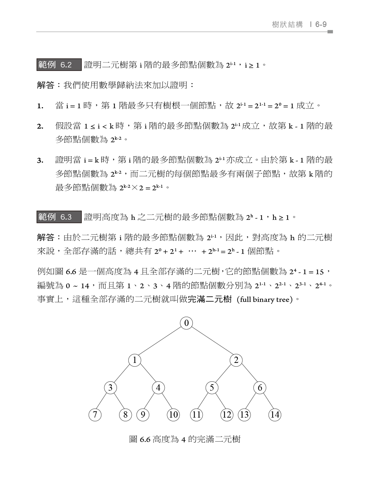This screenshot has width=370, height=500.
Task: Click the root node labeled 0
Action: click(186, 323)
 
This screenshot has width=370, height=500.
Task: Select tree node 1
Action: click(135, 360)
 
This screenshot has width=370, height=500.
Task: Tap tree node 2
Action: click(236, 360)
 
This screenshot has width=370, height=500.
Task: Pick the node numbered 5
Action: click(212, 387)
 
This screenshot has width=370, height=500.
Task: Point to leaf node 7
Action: click(95, 415)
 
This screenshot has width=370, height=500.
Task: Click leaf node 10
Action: click(173, 415)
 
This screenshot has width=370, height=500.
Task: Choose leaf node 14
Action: click(275, 415)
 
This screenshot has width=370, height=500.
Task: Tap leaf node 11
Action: click(196, 415)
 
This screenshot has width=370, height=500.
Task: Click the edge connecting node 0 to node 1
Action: click(161, 341)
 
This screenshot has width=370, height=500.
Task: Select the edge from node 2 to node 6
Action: click(248, 374)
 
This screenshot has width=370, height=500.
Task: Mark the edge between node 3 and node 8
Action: click(118, 401)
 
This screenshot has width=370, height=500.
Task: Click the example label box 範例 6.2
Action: click(59, 65)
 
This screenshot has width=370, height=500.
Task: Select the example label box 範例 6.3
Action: click(59, 217)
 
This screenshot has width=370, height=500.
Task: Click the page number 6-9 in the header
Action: click(321, 24)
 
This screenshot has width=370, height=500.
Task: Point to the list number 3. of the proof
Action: click(40, 160)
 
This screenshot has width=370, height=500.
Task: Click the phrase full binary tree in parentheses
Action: click(264, 300)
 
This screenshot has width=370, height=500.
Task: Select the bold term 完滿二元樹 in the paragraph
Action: click(210, 299)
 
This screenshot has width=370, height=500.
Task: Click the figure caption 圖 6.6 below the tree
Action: click(185, 439)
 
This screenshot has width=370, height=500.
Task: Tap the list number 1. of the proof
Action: click(40, 106)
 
